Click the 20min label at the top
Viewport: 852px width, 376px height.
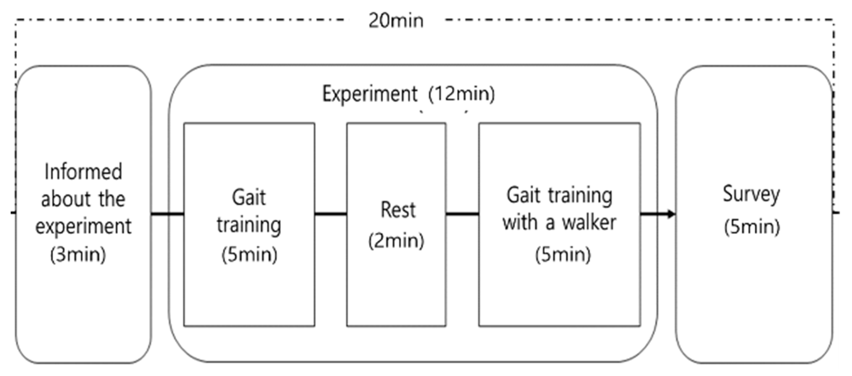click(396, 20)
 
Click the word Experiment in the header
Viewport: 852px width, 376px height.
click(370, 94)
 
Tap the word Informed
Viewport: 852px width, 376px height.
click(83, 172)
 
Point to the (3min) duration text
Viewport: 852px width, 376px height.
click(78, 255)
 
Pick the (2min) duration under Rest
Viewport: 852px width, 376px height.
click(396, 240)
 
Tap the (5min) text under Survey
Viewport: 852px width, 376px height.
click(752, 227)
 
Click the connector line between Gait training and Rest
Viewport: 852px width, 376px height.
click(330, 214)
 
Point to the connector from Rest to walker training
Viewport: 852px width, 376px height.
click(462, 214)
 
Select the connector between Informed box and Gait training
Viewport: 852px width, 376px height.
click(167, 214)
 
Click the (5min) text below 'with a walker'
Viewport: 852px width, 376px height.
click(563, 255)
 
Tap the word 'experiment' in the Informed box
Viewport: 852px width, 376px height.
click(83, 227)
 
